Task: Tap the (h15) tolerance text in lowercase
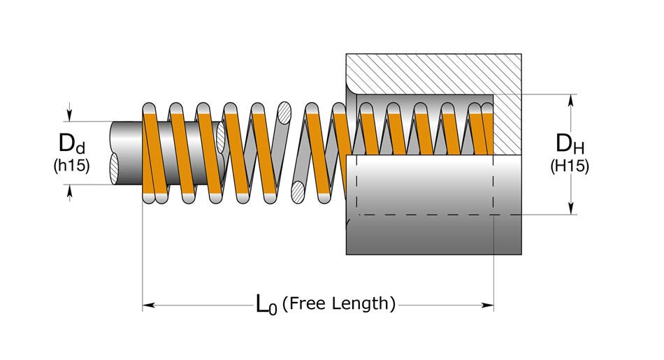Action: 71,167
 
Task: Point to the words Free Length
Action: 342,303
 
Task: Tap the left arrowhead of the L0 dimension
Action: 148,305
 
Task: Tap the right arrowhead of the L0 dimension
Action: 489,305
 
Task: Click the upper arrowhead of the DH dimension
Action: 572,100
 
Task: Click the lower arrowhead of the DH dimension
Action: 572,208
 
